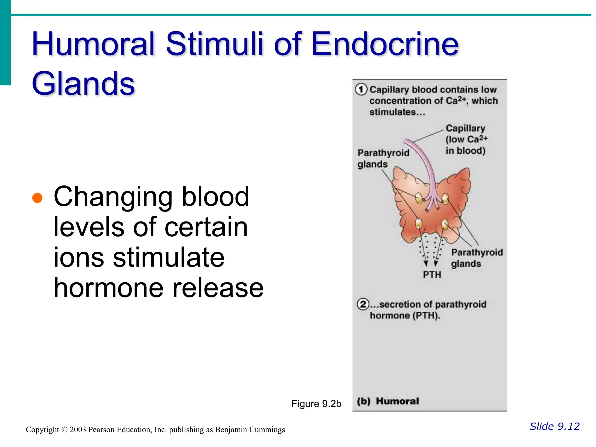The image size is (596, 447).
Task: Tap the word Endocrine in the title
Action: [385, 44]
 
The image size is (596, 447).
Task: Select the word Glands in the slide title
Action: [83, 84]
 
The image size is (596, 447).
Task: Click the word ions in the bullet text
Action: [79, 257]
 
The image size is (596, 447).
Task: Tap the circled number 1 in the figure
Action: [361, 89]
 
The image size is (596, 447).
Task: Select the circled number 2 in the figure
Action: [363, 304]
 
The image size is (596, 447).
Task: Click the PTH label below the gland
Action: [432, 274]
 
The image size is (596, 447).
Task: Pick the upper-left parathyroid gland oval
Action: [419, 198]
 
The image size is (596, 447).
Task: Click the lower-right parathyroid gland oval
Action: [445, 224]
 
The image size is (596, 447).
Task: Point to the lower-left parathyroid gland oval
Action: [418, 223]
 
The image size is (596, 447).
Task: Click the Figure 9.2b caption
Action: [316, 404]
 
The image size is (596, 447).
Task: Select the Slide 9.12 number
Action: [554, 426]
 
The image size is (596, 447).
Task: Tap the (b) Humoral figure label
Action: [388, 401]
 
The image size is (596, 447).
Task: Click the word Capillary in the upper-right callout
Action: [465, 128]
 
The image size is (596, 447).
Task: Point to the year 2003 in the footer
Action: [78, 430]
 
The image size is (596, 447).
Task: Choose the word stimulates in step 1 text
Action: [392, 112]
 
